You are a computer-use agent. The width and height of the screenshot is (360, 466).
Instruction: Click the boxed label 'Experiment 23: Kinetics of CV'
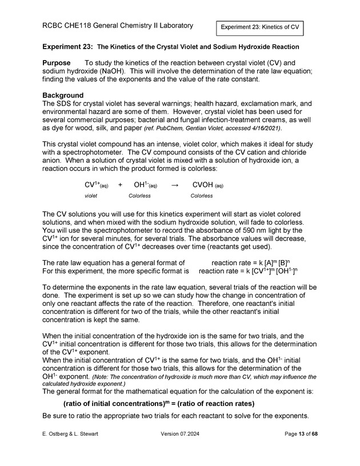259,27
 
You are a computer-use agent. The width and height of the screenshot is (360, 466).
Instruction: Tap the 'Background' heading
63,95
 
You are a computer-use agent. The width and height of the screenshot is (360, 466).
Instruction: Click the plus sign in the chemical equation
120,185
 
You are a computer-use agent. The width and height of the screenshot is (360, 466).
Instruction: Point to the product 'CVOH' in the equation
202,185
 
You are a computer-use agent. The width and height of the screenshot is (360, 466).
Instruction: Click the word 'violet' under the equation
91,196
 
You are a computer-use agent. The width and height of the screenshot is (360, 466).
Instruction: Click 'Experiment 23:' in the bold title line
67,46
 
